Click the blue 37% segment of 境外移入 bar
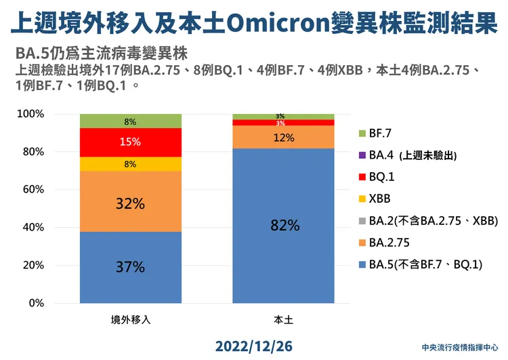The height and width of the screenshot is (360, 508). click(131, 267)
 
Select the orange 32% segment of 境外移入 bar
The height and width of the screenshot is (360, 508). click(131, 202)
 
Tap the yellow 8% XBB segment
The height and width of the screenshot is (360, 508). click(131, 163)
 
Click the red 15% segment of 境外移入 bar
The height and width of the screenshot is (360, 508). click(131, 142)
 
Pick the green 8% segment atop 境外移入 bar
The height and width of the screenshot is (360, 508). click(131, 121)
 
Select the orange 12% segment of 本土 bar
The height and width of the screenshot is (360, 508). click(283, 137)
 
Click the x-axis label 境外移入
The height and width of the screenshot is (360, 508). click(131, 319)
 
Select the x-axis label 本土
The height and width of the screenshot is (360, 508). click(283, 319)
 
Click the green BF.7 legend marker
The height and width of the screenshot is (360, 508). click(362, 133)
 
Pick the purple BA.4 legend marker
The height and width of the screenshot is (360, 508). click(362, 155)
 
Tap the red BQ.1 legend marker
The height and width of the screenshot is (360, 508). click(362, 176)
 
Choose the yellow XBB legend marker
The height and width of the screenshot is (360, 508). click(362, 199)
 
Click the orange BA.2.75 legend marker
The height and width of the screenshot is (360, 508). click(362, 242)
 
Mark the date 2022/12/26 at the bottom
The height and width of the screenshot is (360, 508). click(254, 346)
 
